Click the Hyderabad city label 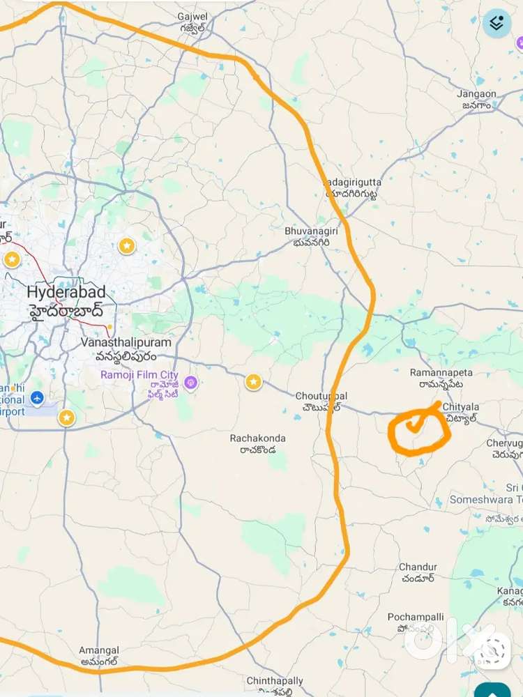pos(66,291)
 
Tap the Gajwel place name pos(193,15)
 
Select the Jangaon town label pos(477,94)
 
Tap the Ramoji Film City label pos(139,375)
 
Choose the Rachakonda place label pos(258,438)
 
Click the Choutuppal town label pos(321,397)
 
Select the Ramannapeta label pos(437,374)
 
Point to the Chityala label pos(460,407)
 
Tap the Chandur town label pos(418,567)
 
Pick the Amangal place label pos(99,650)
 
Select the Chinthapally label pos(275,681)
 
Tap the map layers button pos(497,24)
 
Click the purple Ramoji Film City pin pos(190,383)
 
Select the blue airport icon pos(38,399)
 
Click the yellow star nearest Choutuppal pos(253,381)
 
